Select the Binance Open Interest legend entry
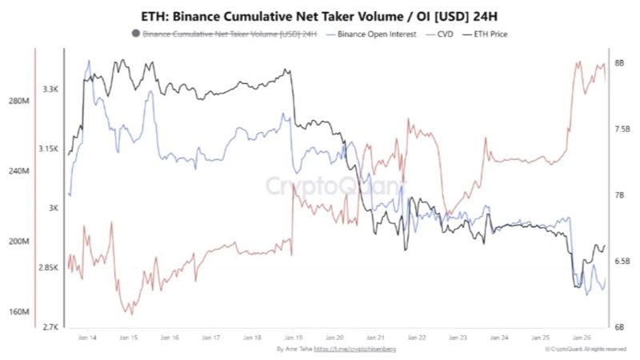[371, 34]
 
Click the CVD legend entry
[444, 34]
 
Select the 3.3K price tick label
[52, 90]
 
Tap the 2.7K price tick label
[52, 326]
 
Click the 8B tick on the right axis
[619, 62]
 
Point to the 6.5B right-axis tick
[621, 261]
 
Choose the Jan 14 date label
[88, 338]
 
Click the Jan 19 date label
[294, 338]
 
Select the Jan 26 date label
[582, 338]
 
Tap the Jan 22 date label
[417, 338]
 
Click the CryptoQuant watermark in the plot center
[336, 187]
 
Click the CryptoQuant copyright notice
[586, 349]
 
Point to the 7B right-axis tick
[619, 195]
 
